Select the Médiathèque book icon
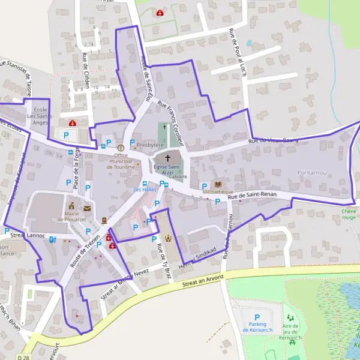[217, 185]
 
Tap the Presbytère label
[150, 145]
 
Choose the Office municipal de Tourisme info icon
[121, 147]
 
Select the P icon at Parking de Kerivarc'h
[257, 317]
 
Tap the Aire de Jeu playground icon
[292, 317]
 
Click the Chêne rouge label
[349, 214]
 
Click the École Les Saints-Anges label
[41, 116]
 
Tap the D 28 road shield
[23, 357]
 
